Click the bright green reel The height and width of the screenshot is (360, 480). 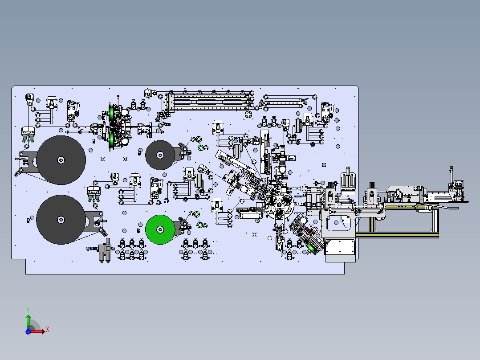click(x=160, y=229)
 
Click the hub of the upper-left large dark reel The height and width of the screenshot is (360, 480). click(x=61, y=160)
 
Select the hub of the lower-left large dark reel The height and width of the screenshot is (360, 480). click(x=61, y=220)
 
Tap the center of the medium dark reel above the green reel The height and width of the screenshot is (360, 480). click(x=160, y=155)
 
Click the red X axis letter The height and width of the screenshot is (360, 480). click(x=48, y=330)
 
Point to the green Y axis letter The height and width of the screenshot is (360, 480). click(x=28, y=310)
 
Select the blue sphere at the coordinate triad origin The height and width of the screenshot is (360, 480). click(x=28, y=331)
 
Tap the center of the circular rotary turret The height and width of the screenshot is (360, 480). click(x=279, y=205)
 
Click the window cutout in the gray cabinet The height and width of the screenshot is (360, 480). click(x=338, y=223)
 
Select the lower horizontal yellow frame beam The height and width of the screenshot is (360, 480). click(x=397, y=235)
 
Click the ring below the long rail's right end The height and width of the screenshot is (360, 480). click(x=248, y=114)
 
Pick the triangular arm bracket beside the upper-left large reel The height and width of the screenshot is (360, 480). click(x=28, y=161)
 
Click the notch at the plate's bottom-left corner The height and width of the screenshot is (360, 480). click(x=26, y=259)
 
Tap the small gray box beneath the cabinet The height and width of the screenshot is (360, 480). click(x=340, y=259)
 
